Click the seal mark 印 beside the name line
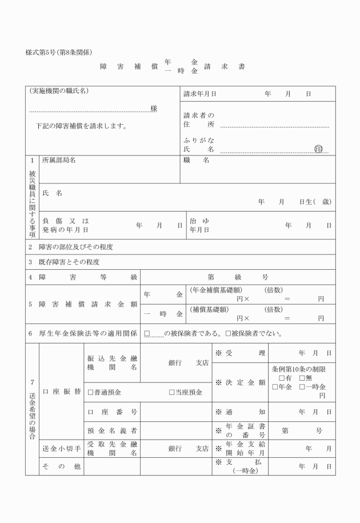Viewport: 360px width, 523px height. [318, 149]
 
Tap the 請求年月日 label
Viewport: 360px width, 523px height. [199, 93]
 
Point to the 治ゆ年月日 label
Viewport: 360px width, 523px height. [199, 225]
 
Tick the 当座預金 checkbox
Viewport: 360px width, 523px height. [172, 393]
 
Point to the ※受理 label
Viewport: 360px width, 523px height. [240, 353]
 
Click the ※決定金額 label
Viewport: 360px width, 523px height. [240, 382]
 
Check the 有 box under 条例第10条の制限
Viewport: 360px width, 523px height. [281, 378]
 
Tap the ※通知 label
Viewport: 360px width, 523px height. [240, 412]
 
